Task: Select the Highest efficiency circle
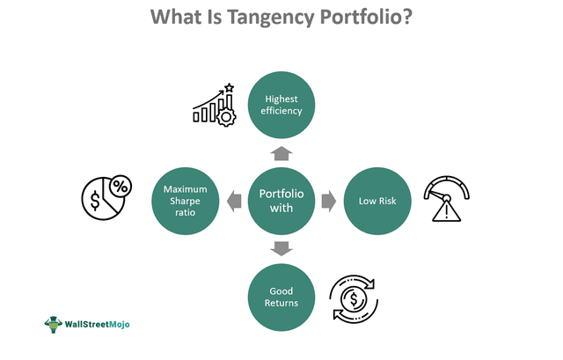coord(281,104)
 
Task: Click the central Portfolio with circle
coord(281,202)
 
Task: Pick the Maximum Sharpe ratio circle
coord(185,202)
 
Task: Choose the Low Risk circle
coord(377,202)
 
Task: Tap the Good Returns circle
coord(281,297)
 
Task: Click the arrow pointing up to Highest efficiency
coord(281,153)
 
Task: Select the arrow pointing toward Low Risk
coord(329,202)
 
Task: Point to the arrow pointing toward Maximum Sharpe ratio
coord(233,202)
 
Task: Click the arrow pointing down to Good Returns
coord(281,249)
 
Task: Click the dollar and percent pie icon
coord(106,202)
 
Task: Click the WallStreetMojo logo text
coord(98,324)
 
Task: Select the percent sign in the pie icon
coord(118,187)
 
